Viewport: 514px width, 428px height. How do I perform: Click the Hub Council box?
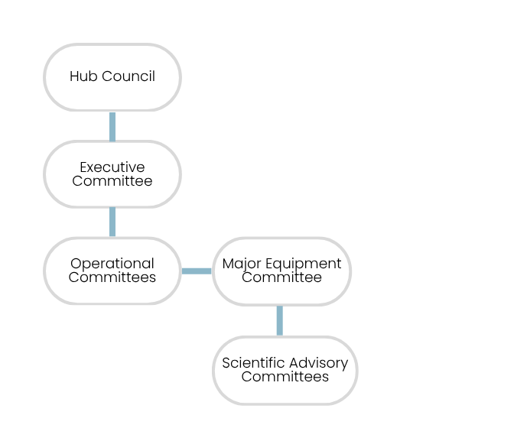coord(112,77)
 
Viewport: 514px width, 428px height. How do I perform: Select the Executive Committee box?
coord(112,174)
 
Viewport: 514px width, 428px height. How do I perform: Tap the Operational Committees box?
coord(112,271)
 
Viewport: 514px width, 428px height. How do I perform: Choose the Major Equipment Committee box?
coord(281,271)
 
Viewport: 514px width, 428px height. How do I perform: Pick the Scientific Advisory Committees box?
coord(285,370)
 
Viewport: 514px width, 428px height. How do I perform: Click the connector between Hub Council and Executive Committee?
coord(112,126)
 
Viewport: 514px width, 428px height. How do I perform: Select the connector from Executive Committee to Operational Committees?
coord(112,222)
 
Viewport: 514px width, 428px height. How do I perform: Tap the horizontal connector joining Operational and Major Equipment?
coord(197,271)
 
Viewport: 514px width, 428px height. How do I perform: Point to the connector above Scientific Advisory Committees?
coord(279,320)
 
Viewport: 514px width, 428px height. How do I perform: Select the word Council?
coord(128,76)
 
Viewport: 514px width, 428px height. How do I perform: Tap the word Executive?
coord(112,167)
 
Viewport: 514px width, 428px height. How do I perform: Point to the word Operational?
coord(112,264)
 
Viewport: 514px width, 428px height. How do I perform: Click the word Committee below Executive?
coord(112,181)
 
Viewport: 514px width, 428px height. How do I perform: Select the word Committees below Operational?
coord(112,277)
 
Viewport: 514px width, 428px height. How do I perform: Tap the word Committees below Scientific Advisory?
coord(285,377)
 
